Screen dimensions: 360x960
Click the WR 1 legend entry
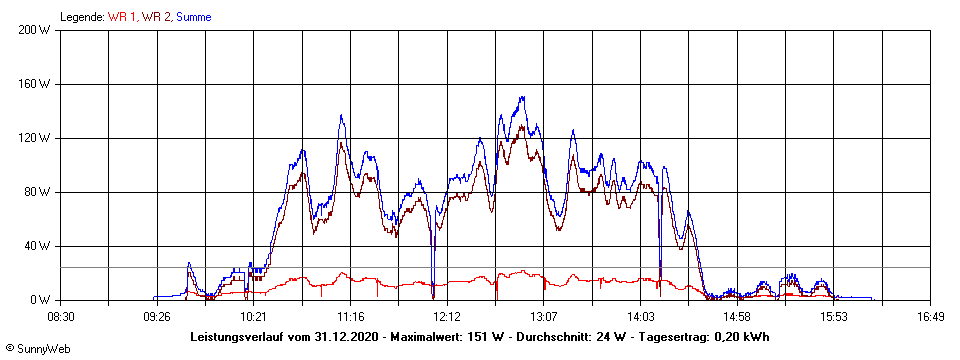click(123, 17)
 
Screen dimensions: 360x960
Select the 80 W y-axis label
click(38, 192)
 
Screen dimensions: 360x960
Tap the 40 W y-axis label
click(38, 246)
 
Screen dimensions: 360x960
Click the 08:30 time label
click(62, 317)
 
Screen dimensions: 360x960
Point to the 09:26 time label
click(157, 317)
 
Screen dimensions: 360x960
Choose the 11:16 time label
click(350, 317)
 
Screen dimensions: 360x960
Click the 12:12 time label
click(447, 317)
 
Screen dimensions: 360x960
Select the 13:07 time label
click(543, 317)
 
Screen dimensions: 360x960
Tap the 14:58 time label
click(737, 317)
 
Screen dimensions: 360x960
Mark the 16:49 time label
click(930, 317)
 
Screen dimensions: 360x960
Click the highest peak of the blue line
click(522, 98)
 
